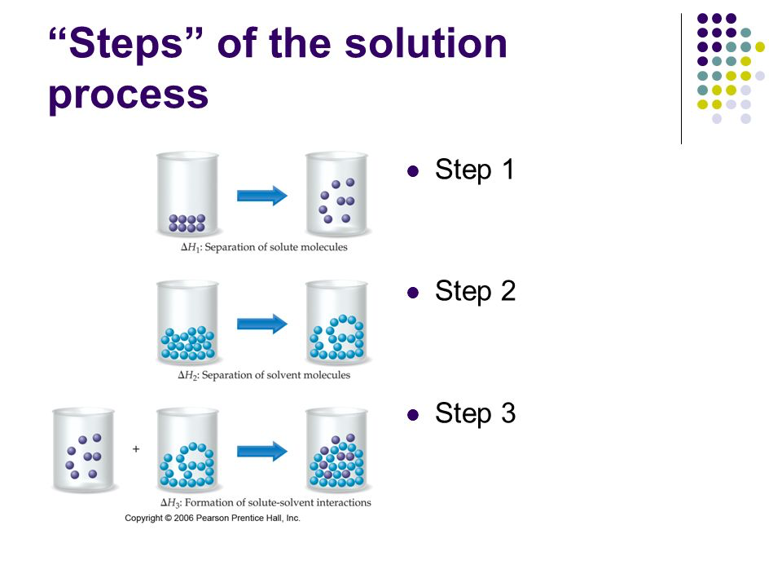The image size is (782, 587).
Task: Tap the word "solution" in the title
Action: coord(426,43)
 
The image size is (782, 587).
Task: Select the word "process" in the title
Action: coord(128,95)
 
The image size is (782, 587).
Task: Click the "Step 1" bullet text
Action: coord(474,170)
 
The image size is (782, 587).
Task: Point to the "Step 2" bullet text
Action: coord(475,291)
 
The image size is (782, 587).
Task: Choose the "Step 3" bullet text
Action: coord(475,413)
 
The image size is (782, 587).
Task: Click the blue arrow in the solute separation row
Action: coord(262,195)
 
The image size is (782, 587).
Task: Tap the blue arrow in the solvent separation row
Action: coord(262,324)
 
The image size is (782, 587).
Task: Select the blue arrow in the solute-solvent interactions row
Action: coord(262,452)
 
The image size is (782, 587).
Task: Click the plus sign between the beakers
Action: coord(136,449)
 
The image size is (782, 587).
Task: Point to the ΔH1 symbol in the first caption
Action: coord(191,247)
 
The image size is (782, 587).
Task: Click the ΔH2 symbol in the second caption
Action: coord(188,375)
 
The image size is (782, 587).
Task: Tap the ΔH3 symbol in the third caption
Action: coord(170,503)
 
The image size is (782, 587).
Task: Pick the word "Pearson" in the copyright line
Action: coord(212,519)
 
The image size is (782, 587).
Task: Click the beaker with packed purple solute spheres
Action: coord(187,195)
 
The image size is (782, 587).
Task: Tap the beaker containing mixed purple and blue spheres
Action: coord(336,449)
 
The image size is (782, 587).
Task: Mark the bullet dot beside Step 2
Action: coord(413,293)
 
